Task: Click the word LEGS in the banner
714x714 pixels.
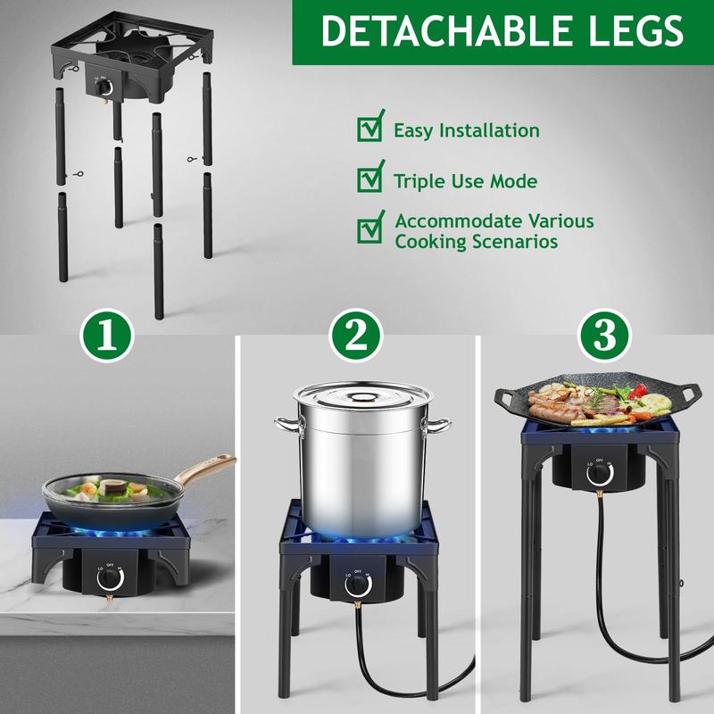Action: click(x=627, y=31)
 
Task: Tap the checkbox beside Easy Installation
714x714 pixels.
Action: click(x=369, y=128)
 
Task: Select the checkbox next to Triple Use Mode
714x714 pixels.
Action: click(x=369, y=178)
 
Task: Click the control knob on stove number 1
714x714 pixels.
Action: click(x=111, y=577)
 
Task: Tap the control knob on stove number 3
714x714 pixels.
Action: click(x=598, y=478)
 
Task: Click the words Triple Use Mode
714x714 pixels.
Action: click(x=465, y=182)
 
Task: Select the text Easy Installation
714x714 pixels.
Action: click(x=467, y=131)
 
